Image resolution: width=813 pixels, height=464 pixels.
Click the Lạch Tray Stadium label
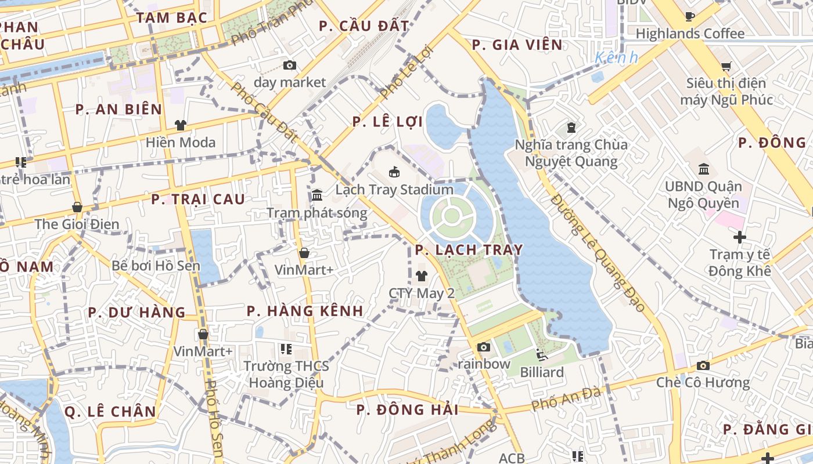[394, 190]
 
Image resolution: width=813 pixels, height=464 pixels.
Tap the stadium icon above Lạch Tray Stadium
[394, 172]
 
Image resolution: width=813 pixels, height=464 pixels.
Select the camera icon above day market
[289, 66]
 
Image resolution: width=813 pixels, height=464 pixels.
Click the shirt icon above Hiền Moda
[181, 125]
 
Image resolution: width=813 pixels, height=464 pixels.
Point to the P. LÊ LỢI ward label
[388, 122]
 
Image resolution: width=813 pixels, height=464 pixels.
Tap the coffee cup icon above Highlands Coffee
[690, 16]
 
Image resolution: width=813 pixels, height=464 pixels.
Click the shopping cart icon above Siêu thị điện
[726, 67]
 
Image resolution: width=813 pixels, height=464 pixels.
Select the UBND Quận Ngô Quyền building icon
[704, 169]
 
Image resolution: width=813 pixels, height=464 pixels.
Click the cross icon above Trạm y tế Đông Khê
[739, 237]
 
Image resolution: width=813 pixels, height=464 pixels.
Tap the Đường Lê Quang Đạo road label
[598, 254]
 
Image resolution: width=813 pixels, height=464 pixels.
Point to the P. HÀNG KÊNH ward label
[305, 311]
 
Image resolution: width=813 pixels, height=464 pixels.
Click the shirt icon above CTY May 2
[421, 276]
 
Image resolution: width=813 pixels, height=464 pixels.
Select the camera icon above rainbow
[483, 347]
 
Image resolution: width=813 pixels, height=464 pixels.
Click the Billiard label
[541, 372]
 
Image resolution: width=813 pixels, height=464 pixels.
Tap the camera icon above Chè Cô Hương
[703, 365]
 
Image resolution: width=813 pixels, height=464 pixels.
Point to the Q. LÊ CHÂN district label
[110, 412]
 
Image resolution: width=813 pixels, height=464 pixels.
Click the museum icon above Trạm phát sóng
[317, 195]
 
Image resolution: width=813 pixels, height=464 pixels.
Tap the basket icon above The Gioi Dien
[77, 207]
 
